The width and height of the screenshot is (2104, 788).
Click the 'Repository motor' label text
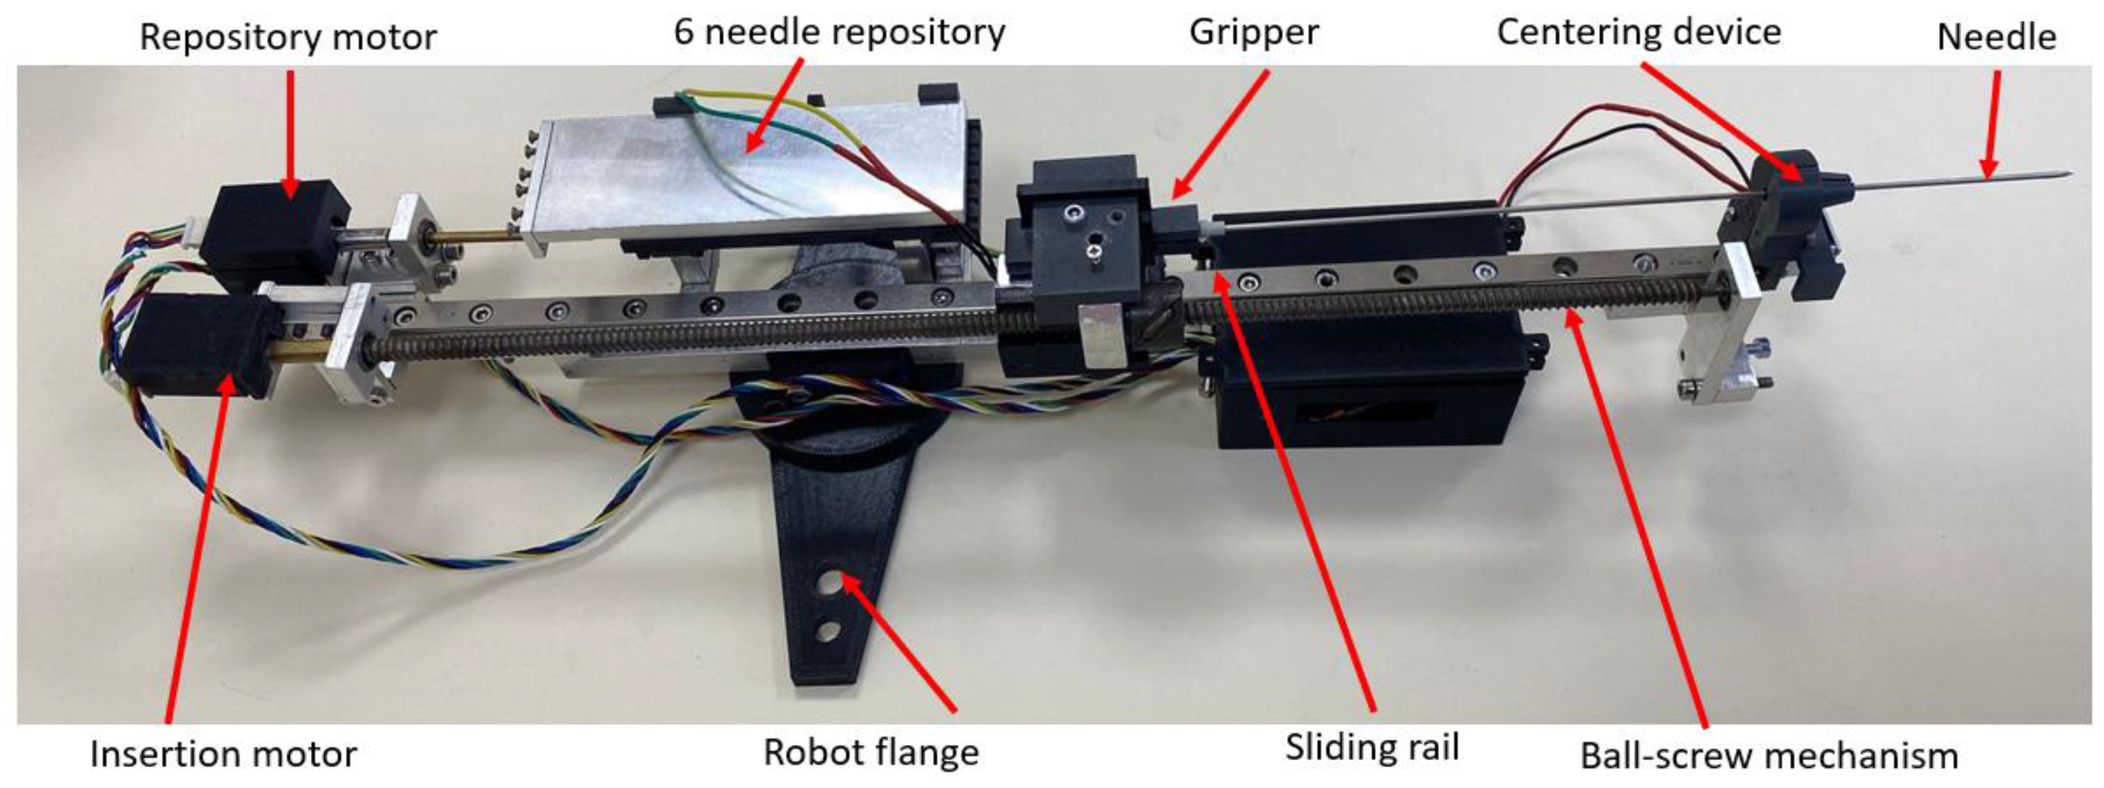coord(287,38)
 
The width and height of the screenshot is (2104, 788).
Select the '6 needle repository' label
coord(839,33)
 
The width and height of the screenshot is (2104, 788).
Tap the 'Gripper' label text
coord(1253,33)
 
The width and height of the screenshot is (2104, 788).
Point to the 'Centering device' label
coord(1639,33)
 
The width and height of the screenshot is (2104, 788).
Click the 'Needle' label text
coord(1996,38)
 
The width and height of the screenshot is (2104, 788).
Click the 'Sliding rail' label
coord(1372,747)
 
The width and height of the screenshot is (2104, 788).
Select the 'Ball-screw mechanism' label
coord(1769,756)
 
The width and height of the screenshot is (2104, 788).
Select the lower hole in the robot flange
coord(828,632)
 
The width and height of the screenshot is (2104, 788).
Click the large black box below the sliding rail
coord(1356,400)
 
